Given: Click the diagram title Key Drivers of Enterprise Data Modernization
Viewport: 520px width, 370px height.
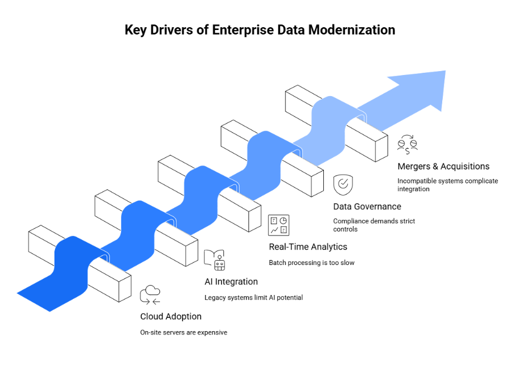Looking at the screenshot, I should click(259, 30).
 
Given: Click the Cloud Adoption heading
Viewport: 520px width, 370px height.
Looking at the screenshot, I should click(171, 316).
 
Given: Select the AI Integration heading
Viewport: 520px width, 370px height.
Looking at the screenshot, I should click(231, 282).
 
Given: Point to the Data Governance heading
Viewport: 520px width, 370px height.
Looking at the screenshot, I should click(367, 207).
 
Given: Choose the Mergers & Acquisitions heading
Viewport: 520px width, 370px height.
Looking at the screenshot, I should click(443, 166).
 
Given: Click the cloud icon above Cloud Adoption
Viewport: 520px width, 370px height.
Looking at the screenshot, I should click(150, 294).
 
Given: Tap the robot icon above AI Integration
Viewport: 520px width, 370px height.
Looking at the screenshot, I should click(214, 259).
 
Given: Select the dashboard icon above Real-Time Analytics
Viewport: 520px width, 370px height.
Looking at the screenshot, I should click(278, 225).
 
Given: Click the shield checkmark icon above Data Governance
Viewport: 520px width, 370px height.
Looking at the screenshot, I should click(343, 184).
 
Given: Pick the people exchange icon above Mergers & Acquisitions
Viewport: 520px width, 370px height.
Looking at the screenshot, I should click(407, 144).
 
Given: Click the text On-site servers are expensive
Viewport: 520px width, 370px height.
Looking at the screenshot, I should click(183, 332).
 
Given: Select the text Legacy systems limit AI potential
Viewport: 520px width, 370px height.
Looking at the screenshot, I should click(253, 297).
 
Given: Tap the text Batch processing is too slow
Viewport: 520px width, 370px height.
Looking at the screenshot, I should click(311, 262).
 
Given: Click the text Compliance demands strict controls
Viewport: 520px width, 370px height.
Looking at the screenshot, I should click(373, 225).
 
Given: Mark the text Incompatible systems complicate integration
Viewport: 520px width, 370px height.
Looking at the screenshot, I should click(447, 185).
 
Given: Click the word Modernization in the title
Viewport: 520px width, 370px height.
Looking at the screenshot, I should click(351, 30).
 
